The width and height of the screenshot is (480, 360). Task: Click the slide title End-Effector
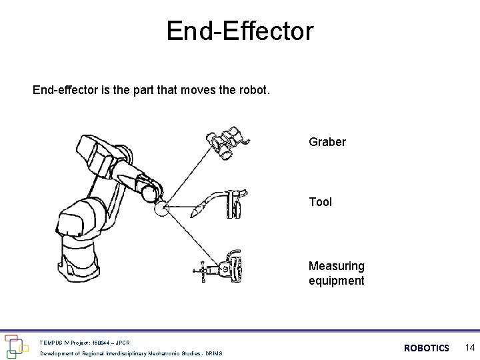(x=240, y=31)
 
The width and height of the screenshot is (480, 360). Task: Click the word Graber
(x=327, y=142)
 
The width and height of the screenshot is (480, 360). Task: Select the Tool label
(x=320, y=202)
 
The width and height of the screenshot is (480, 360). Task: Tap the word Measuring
(x=337, y=266)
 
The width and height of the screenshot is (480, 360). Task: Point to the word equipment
(x=337, y=281)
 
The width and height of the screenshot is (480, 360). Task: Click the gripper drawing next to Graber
(x=228, y=143)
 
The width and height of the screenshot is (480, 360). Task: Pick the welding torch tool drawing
(x=219, y=204)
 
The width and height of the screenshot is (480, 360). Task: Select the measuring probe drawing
(x=218, y=267)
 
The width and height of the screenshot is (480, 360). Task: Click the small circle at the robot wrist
(x=161, y=208)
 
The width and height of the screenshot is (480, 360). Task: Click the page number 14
(x=470, y=347)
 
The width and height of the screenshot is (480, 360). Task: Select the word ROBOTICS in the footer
(x=427, y=348)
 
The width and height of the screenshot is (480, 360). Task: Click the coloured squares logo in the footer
(x=16, y=347)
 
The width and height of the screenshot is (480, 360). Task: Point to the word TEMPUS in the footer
(x=51, y=343)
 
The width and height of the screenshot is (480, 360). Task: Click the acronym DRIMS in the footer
(x=214, y=353)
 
